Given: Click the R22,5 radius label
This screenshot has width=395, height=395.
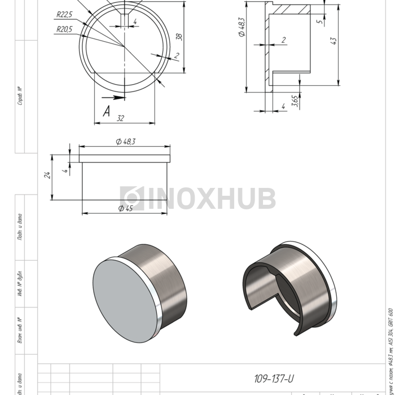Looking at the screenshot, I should [x=64, y=15].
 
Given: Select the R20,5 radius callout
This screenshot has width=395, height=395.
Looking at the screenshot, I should [x=64, y=29].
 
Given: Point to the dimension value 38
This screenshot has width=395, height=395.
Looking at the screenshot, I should [x=179, y=37].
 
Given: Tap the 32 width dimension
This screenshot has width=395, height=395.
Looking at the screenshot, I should [x=120, y=118].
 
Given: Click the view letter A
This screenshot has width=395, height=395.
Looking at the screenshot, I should [x=106, y=111].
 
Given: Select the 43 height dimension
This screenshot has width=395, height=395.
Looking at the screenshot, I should [x=333, y=41].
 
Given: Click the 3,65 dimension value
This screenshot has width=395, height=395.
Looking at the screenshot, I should [x=295, y=101].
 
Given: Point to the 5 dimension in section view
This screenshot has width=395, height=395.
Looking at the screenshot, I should [x=319, y=22].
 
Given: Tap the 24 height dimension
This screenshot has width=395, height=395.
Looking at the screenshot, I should [x=49, y=175].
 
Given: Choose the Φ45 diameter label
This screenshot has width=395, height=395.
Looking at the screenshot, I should [x=125, y=208].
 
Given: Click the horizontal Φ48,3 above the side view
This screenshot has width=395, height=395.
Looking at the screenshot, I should [x=125, y=142].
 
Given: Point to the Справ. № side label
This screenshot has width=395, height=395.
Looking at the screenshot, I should [x=20, y=96].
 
